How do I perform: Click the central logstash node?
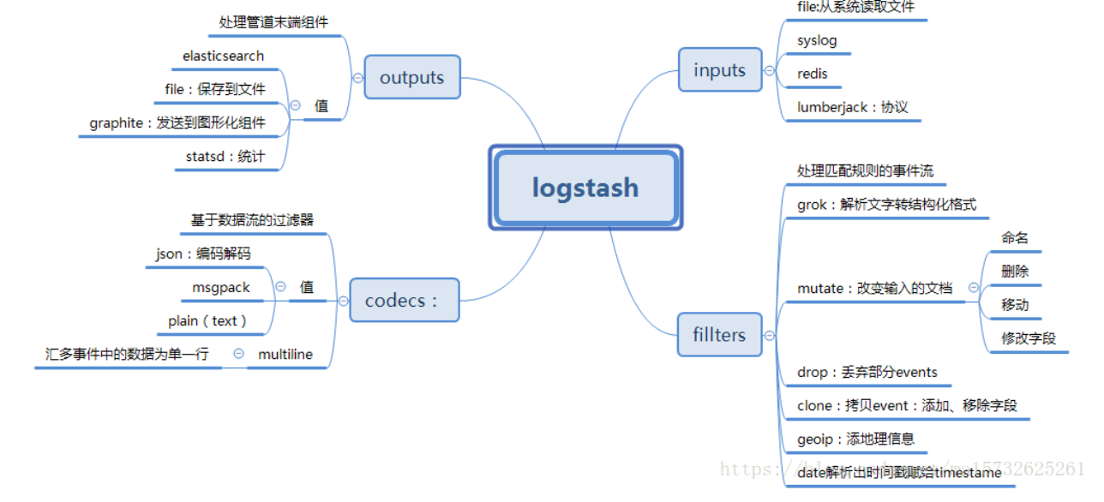coord(585,188)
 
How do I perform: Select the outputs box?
coord(411,77)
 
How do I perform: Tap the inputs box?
coord(719,70)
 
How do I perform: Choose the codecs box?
coord(404,301)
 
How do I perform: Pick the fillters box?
coord(719,335)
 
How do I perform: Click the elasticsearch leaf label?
coord(223,57)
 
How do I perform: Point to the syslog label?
coord(817,40)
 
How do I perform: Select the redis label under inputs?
coord(813,74)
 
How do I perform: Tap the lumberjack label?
coord(852,108)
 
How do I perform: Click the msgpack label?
coord(221,288)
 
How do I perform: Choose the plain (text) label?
coord(207,321)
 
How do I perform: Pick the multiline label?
coord(286,354)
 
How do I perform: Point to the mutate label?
coord(874,289)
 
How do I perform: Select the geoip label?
coord(855,439)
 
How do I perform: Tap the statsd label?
coord(225,157)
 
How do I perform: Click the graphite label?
coord(177,123)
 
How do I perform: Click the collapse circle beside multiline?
coord(238,353)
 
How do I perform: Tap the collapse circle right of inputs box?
coord(769,70)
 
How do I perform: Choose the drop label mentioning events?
coord(867,373)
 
